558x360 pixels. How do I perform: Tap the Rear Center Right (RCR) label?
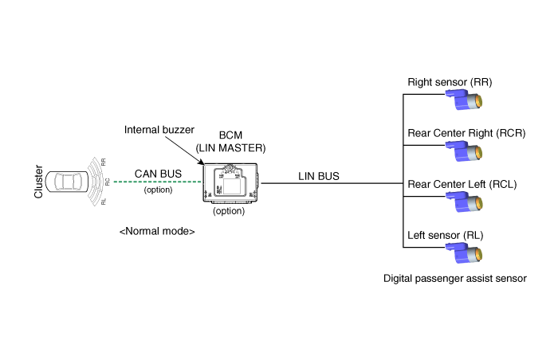click(x=466, y=133)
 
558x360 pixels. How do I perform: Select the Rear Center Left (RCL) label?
click(x=462, y=185)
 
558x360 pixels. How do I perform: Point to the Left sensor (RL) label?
click(x=445, y=236)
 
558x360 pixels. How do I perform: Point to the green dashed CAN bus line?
click(x=158, y=182)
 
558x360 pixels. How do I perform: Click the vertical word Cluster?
click(x=37, y=182)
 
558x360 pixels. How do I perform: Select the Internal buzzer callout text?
click(x=156, y=129)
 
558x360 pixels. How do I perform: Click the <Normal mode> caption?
click(x=157, y=231)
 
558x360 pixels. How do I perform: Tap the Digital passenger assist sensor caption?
click(x=454, y=279)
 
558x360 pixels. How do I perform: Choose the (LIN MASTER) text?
click(x=231, y=148)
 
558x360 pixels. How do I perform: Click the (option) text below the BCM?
click(x=230, y=211)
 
